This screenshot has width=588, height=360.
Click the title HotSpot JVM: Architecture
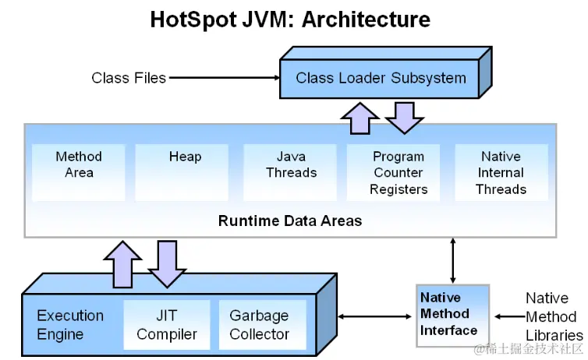coord(290,19)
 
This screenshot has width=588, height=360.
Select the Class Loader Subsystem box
coord(381,78)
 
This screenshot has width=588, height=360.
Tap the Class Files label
coord(129,78)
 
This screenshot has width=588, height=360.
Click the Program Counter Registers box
coord(398,172)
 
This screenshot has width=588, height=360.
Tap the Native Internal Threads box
coord(501,172)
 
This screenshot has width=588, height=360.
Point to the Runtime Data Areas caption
coord(290,221)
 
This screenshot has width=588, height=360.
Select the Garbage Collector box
coord(260,325)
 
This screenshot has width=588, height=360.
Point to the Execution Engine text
coord(70,325)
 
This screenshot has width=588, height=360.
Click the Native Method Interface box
coord(452,314)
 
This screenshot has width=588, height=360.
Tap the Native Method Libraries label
coord(551,316)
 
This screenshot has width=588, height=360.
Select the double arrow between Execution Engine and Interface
coord(376,316)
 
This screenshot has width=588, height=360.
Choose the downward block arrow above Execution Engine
coord(166,263)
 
